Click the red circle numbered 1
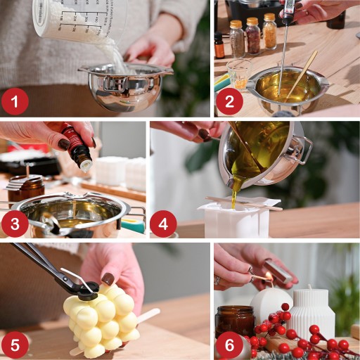click(x=15, y=101)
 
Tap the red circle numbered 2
click(x=229, y=101)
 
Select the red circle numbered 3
click(x=15, y=223)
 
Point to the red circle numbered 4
click(x=163, y=223)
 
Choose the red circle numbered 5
click(x=15, y=345)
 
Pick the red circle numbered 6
click(x=229, y=345)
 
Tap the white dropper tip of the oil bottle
click(x=86, y=165)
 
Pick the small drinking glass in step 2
click(x=238, y=74)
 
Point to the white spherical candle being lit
click(x=271, y=304)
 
